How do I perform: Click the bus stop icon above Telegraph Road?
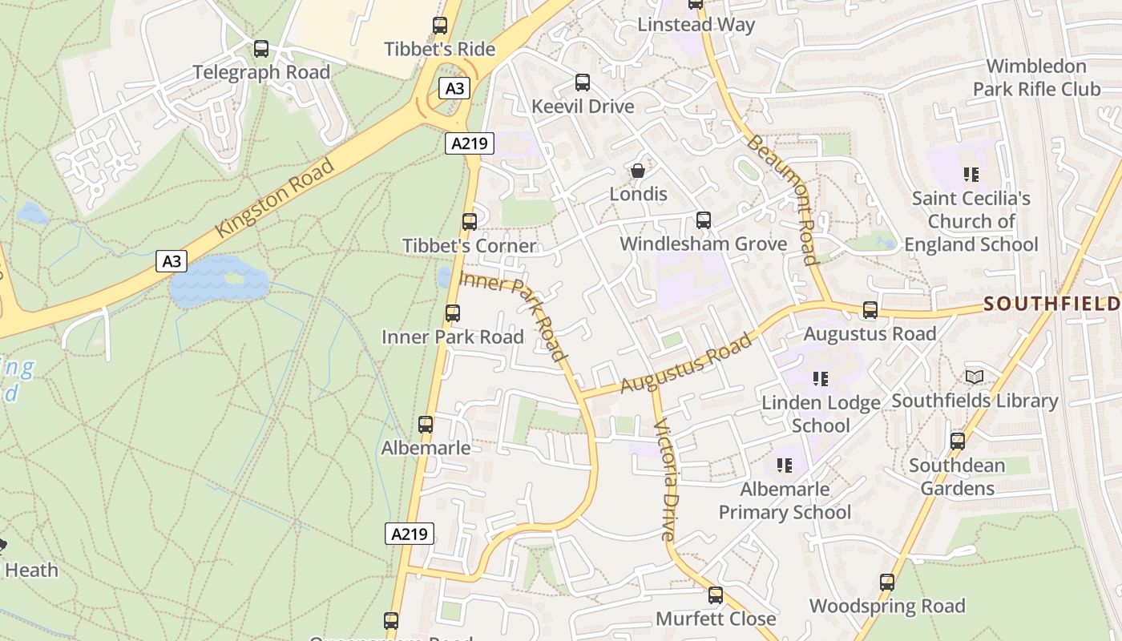tap(261, 49)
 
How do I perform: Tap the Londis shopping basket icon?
tap(638, 171)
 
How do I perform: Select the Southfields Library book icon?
tap(975, 377)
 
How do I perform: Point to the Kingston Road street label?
tap(274, 199)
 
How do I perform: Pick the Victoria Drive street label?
tap(666, 479)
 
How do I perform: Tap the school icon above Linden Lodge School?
tap(820, 378)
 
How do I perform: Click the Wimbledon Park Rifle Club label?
tap(1036, 77)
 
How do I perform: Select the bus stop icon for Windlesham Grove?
tap(704, 220)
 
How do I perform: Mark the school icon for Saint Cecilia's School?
tap(971, 174)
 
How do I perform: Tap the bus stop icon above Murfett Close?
tap(716, 595)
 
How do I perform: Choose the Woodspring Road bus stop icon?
tap(887, 583)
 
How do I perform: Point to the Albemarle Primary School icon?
tap(785, 465)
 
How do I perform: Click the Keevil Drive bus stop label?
tap(583, 106)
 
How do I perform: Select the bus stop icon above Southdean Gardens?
tap(958, 441)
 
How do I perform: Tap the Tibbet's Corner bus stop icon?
tap(470, 222)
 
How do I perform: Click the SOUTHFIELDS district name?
tap(1051, 304)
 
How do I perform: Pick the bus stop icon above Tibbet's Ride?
tap(440, 25)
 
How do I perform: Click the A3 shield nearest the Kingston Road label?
tap(172, 260)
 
